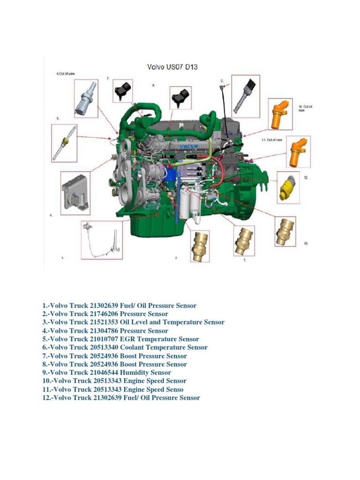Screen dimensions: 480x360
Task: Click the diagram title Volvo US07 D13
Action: point(172,67)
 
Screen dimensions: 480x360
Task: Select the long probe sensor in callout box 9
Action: point(247,96)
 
